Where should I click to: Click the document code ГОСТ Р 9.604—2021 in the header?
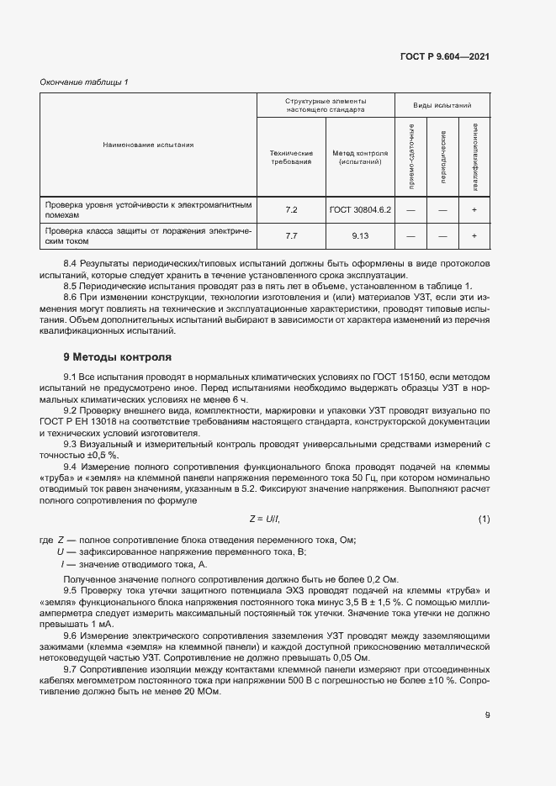point(446,56)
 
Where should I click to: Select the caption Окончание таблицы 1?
point(84,82)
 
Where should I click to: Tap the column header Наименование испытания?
point(148,145)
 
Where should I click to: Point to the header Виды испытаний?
point(442,106)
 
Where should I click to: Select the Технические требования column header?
point(291,157)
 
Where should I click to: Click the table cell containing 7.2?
point(291,209)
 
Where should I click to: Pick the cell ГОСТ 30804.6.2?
point(361,209)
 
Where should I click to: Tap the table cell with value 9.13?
point(361,236)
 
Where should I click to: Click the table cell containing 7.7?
point(291,236)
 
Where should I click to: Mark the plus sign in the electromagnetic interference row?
point(474,209)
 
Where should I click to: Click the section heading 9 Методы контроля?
point(117,357)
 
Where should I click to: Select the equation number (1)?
point(484,519)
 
